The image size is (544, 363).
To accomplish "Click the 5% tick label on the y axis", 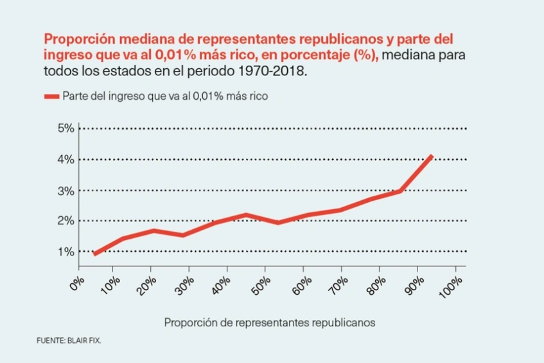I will (x=66, y=128).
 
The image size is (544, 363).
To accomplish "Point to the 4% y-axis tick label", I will (x=66, y=159).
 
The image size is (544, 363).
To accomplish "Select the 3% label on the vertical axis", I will (x=66, y=191).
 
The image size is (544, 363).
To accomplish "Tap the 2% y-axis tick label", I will (x=66, y=221).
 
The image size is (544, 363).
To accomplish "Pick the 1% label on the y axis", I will (x=66, y=252).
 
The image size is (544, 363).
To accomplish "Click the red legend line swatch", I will (x=51, y=97).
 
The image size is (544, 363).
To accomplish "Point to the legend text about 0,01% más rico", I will (x=164, y=97).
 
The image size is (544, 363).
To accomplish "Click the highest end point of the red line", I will (x=432, y=156).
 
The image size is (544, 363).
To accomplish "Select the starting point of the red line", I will (x=95, y=254).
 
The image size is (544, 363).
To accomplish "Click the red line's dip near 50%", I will (x=278, y=223).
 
